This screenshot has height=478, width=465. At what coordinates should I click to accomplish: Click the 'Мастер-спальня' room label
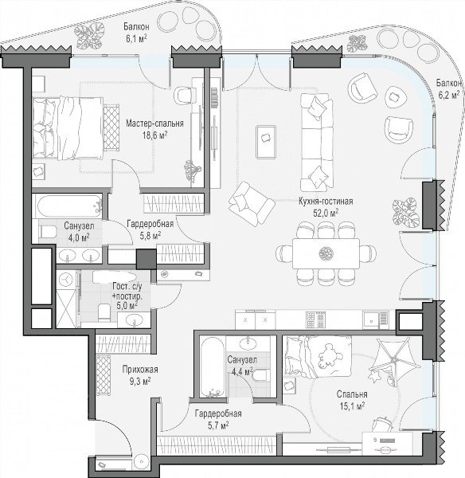tap(154, 123)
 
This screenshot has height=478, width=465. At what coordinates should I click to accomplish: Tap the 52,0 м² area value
tap(326, 213)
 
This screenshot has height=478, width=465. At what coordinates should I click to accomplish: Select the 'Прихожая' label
tap(140, 370)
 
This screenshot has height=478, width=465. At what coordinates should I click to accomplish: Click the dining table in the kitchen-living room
tap(326, 253)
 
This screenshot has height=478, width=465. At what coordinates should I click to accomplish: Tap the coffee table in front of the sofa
tap(266, 142)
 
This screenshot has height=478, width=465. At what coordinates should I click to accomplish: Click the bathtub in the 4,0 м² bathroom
tap(69, 206)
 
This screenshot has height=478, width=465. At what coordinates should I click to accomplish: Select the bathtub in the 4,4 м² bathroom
tap(213, 366)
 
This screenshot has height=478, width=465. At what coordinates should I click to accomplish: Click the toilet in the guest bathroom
tap(104, 311)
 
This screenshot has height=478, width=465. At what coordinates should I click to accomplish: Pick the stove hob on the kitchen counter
tap(315, 319)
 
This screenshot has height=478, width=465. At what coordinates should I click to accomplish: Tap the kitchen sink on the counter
tap(375, 320)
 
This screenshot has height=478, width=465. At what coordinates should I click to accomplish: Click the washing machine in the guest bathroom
tap(66, 280)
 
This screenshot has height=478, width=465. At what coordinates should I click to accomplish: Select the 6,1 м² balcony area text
tap(135, 37)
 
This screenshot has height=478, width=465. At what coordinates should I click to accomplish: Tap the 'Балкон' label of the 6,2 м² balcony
tap(448, 83)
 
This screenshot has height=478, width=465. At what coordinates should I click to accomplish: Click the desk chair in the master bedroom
tap(186, 95)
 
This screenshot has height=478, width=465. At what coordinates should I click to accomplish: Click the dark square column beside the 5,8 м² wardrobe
tap(146, 259)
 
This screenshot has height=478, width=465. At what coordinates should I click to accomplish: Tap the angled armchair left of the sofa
tap(252, 203)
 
